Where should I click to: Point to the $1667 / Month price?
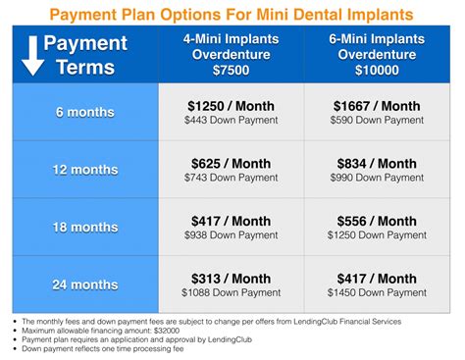378,105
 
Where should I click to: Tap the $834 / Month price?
378,163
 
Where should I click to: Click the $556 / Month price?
378,221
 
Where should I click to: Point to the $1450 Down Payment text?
378,293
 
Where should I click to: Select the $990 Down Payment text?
378,178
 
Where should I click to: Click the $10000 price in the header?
378,71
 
